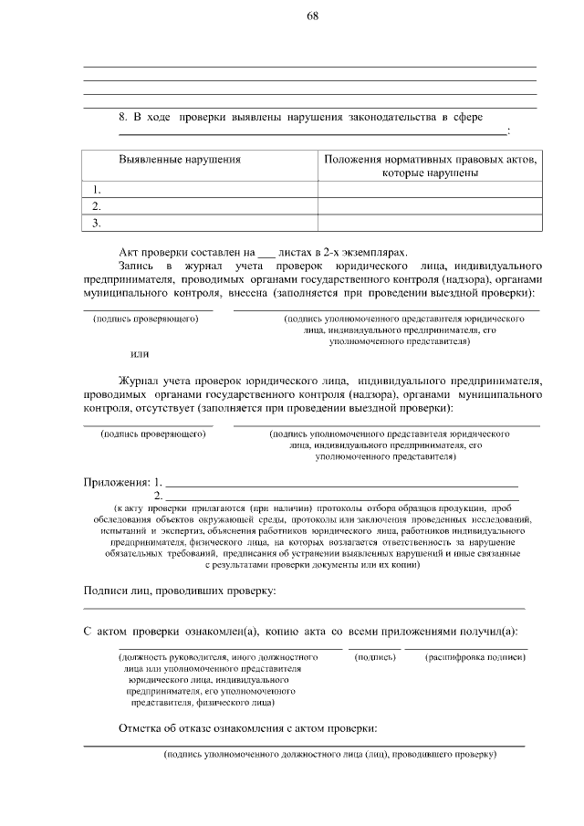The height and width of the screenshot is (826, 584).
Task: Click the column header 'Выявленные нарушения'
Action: pos(180,159)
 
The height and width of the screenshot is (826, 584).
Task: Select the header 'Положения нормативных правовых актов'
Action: pos(430,159)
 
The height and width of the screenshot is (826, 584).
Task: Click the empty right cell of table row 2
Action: pos(427,205)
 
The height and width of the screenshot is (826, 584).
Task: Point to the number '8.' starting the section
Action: pos(125,118)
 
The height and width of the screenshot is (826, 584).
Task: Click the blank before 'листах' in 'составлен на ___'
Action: pos(266,251)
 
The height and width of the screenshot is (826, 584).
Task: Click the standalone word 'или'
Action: pos(140,353)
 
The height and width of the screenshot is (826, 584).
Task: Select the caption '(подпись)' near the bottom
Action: pos(374,656)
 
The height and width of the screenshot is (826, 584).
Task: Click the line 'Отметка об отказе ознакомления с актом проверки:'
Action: pos(247,728)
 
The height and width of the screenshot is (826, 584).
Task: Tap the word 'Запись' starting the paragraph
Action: pos(138,265)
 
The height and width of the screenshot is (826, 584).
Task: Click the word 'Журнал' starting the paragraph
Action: pos(140,380)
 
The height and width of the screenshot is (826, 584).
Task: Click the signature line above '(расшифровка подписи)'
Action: pos(466,648)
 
